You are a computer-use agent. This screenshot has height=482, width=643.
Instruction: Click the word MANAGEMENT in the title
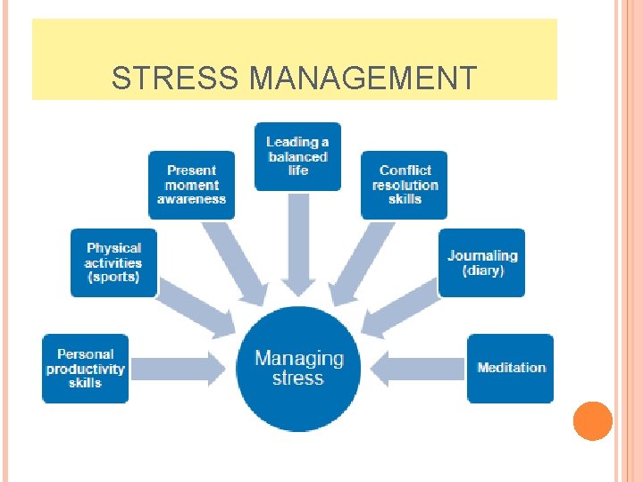coord(363,79)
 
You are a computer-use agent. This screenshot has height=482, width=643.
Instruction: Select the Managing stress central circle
coord(298,368)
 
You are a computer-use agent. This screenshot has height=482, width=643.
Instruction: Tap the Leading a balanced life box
coord(297,156)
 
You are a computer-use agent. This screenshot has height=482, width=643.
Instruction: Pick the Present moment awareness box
coord(191,185)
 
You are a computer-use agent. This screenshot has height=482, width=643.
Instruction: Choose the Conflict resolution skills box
coord(405,185)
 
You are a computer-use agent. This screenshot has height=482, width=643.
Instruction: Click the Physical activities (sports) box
coord(113,262)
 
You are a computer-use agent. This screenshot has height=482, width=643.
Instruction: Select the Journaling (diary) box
coord(482,262)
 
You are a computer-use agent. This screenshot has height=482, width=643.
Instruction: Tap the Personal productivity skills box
coord(86,368)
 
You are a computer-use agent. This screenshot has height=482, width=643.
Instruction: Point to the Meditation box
coord(511,368)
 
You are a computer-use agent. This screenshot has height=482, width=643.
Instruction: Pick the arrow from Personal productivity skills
coord(179,367)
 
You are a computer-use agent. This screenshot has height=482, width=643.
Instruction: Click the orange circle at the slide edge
coord(592,421)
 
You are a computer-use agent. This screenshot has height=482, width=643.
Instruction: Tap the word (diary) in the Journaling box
coord(483,270)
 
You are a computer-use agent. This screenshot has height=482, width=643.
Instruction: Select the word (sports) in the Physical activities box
coord(113,277)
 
